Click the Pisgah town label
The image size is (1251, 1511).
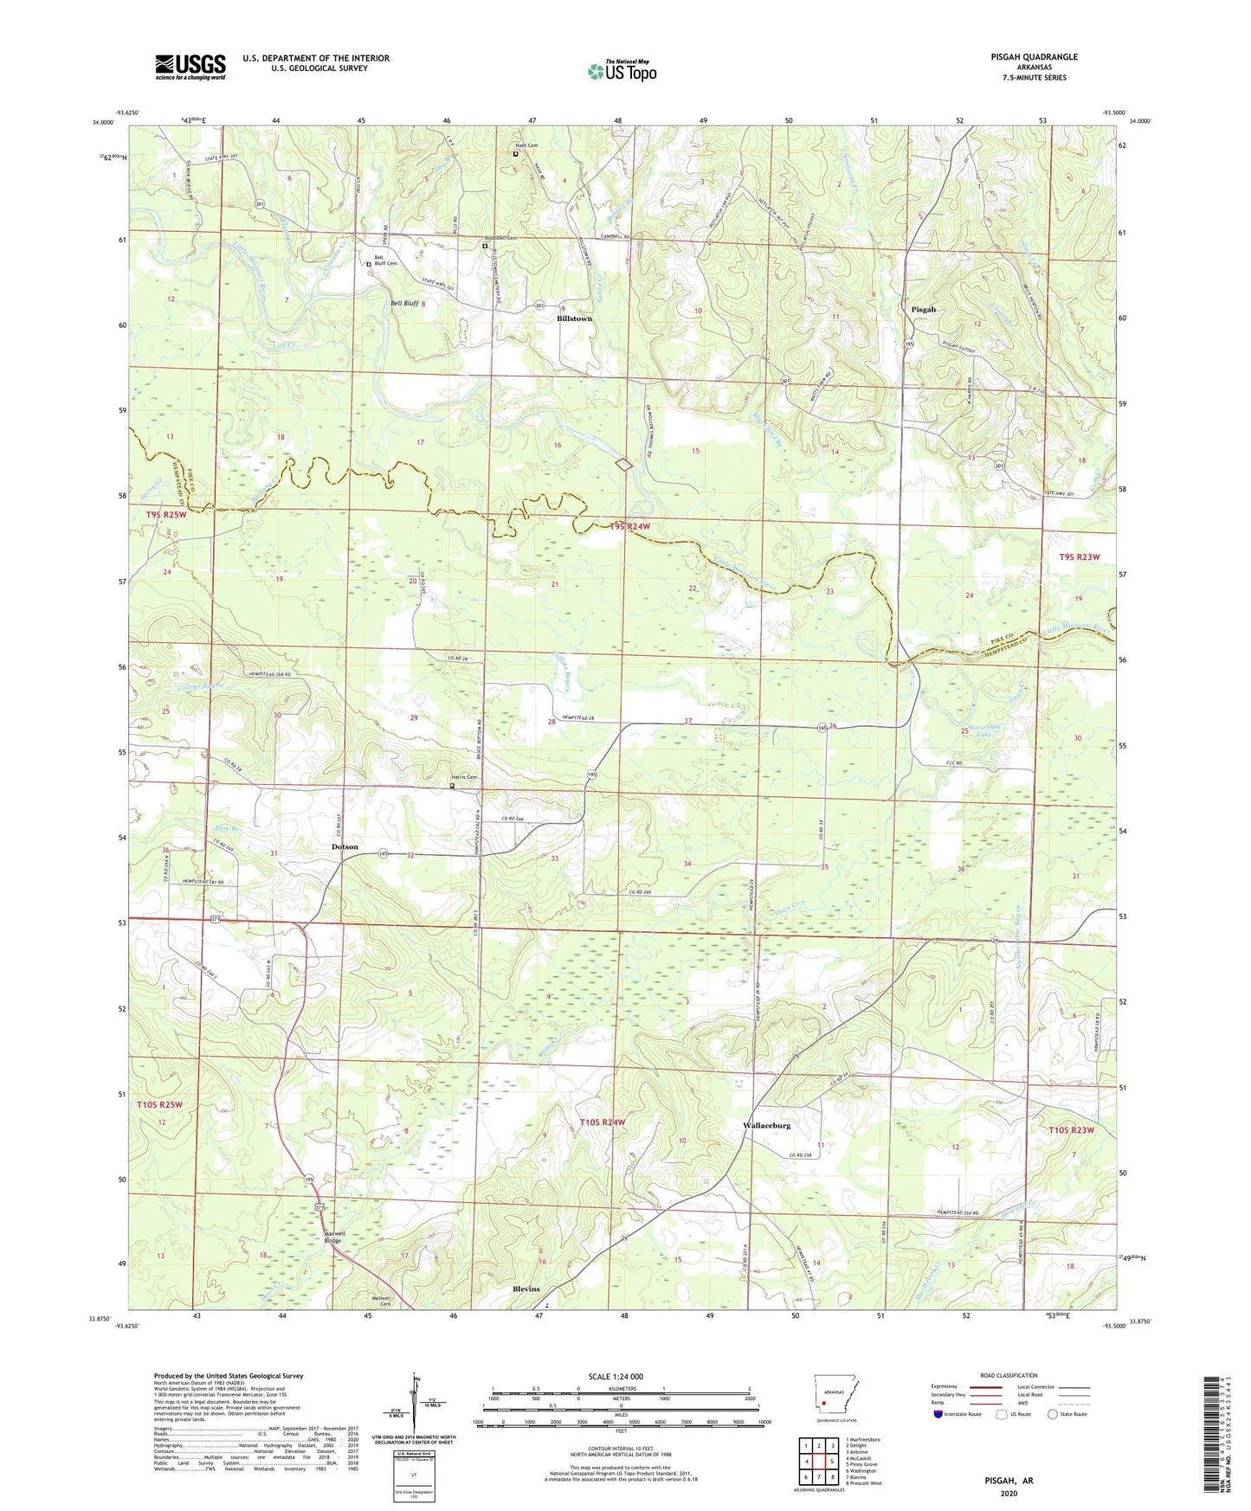923,309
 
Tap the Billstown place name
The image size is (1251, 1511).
574,318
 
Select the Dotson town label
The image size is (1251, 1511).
345,846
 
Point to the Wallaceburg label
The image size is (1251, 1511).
766,1126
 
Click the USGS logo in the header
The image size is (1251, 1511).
190,67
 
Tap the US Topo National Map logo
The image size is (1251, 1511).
622,70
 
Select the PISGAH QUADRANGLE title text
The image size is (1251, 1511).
1035,57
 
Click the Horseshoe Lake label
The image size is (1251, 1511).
985,730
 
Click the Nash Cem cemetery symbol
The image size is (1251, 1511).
516,154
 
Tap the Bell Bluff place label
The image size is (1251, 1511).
404,304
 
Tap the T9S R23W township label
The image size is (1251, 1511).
1080,556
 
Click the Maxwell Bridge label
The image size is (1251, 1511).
333,1237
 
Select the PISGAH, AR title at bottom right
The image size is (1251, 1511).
1009,1481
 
